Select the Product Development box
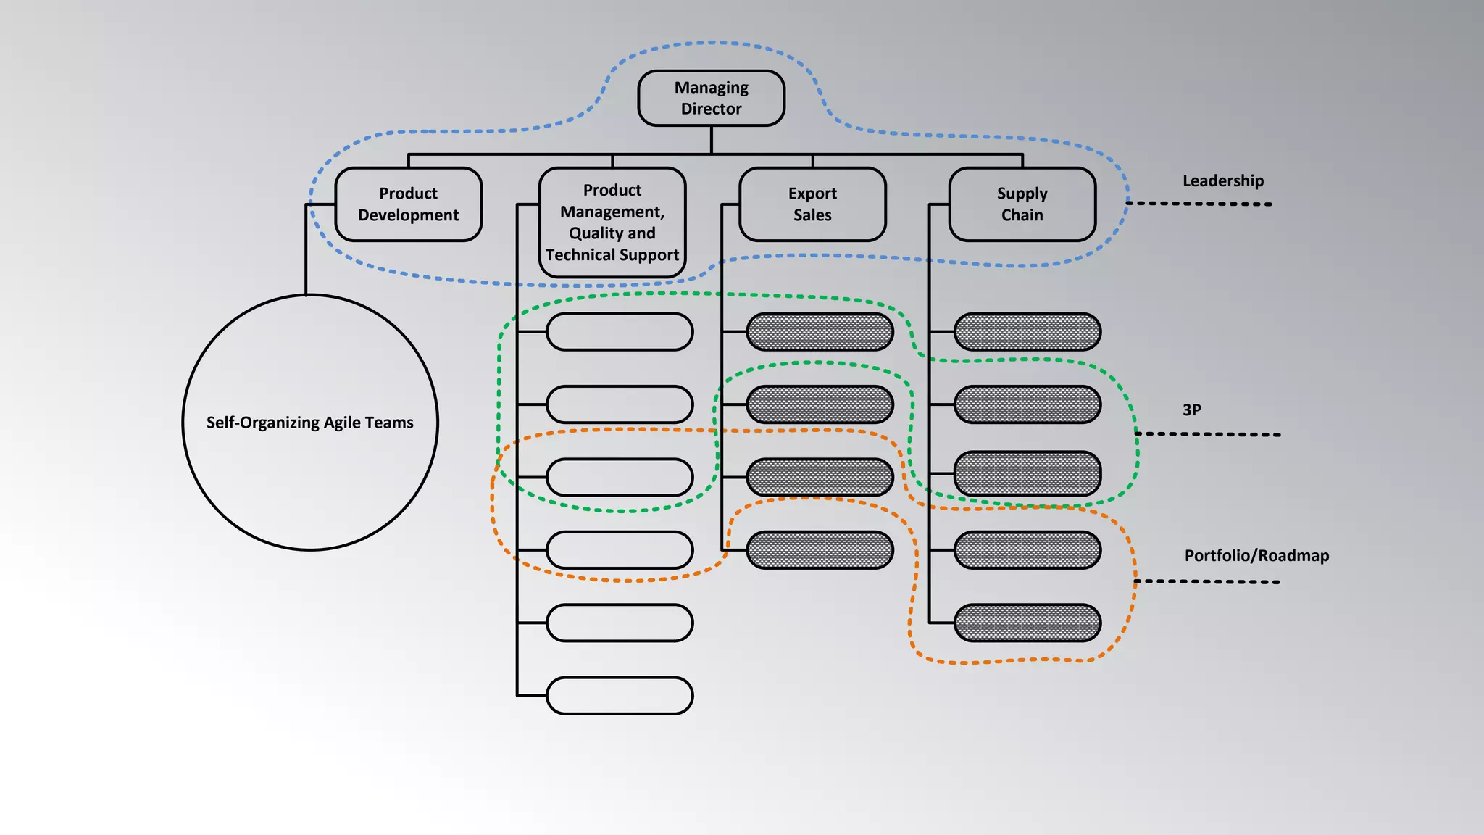pos(408,204)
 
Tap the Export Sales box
pos(812,204)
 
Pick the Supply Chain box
pos(1022,204)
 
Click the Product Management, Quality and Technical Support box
pos(612,223)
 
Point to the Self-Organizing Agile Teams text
pos(309,423)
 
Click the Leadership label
pos(1222,181)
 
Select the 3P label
pos(1191,410)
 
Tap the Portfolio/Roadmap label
pos(1256,556)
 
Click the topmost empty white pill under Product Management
pos(620,332)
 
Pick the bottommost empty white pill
pos(620,696)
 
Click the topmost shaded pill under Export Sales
pos(820,332)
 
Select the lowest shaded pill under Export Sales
pos(820,550)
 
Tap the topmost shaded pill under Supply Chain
pos(1027,332)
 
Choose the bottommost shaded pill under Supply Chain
pos(1027,623)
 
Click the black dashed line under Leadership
pos(1199,204)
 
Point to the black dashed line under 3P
pos(1208,434)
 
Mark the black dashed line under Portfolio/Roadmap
pos(1207,581)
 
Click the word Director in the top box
pos(711,109)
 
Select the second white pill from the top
pos(620,404)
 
